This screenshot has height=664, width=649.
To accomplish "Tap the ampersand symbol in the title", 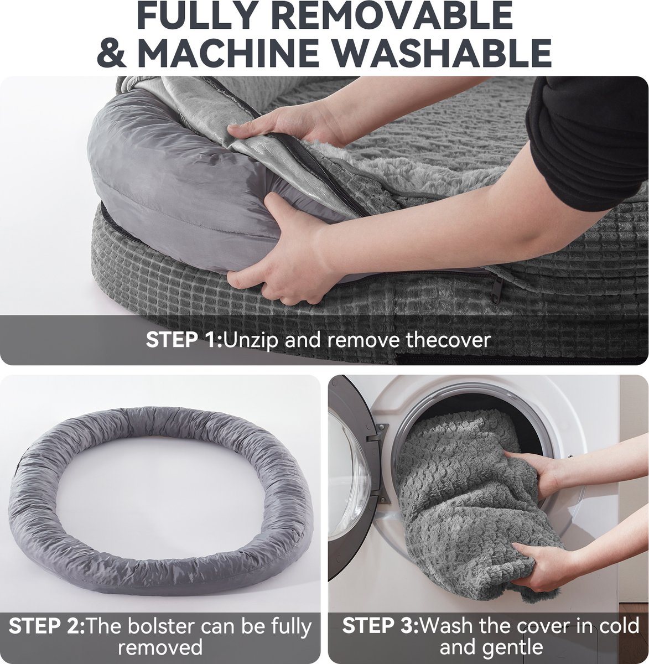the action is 112,53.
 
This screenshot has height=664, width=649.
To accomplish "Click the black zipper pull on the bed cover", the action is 496,290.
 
